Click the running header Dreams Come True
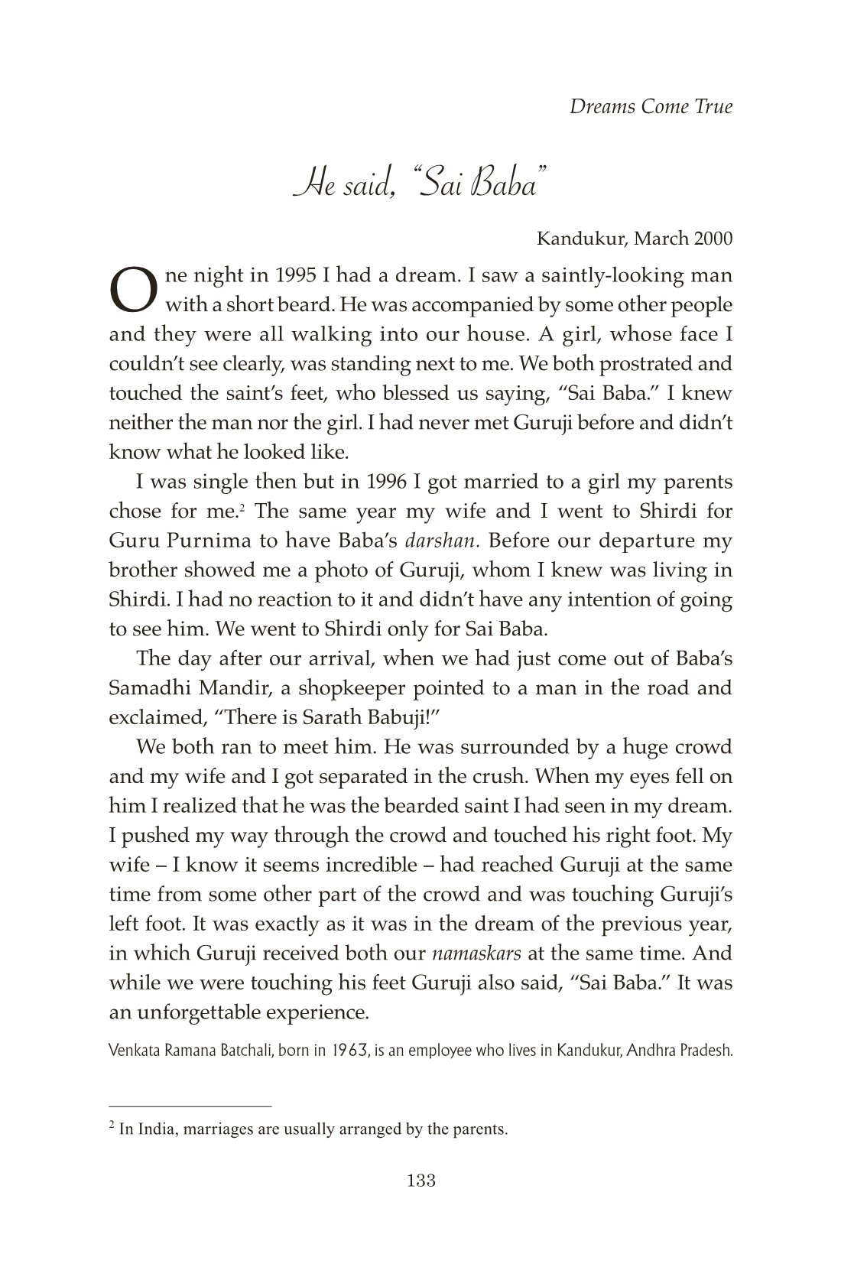[651, 106]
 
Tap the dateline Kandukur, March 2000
[635, 239]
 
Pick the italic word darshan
[441, 541]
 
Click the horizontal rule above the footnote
[190, 1106]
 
